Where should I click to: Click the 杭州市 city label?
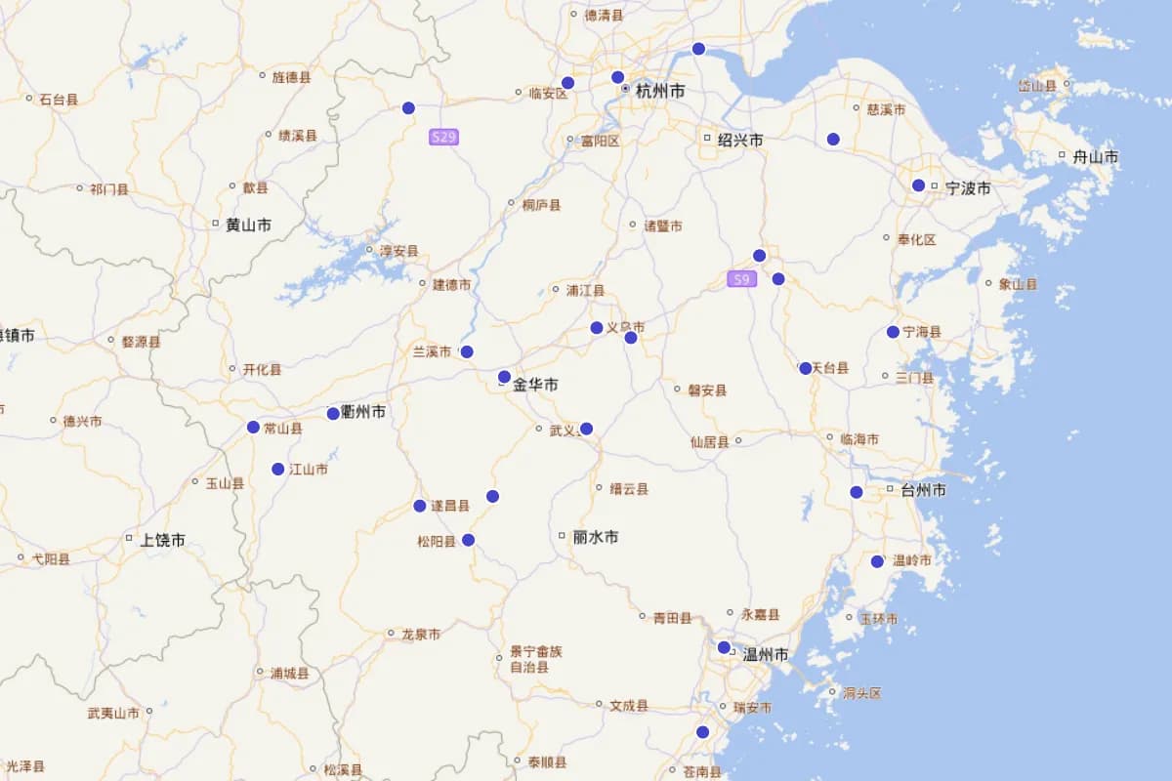(660, 91)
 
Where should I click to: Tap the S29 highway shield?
(443, 137)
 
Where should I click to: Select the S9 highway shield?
(742, 279)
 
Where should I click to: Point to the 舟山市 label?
(1095, 157)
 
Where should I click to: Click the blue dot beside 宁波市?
(918, 185)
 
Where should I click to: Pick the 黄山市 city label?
(248, 225)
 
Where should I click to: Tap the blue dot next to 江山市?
(278, 469)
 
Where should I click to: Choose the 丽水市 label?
(595, 537)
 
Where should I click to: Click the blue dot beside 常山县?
(253, 427)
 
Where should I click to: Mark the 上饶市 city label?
(162, 540)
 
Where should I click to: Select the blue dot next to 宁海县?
(893, 332)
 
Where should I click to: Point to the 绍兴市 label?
(740, 141)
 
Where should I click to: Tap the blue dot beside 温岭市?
(877, 561)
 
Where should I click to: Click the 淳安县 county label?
(398, 251)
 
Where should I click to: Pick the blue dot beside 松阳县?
(468, 540)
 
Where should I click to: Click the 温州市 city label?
(766, 654)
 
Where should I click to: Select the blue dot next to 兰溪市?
(467, 351)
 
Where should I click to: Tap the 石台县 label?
(59, 99)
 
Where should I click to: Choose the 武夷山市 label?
(113, 713)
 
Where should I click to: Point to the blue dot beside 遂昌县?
(420, 506)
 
